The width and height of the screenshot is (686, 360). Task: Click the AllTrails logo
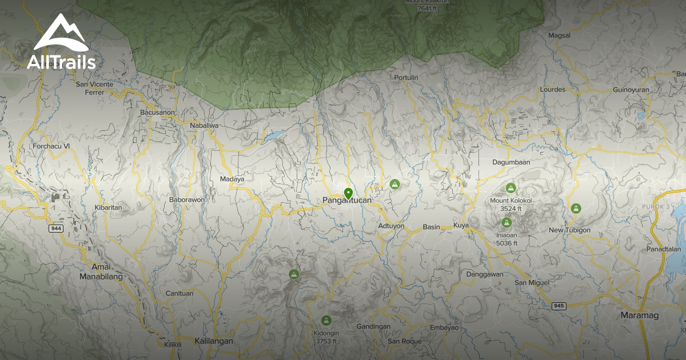pyautogui.click(x=61, y=43)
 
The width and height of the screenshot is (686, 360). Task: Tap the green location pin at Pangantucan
pyautogui.click(x=348, y=193)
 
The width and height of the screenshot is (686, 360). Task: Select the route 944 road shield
pyautogui.click(x=56, y=228)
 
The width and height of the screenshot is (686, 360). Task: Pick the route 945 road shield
pyautogui.click(x=559, y=306)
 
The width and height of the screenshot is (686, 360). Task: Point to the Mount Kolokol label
pyautogui.click(x=510, y=201)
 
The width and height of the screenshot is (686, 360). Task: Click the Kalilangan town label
pyautogui.click(x=214, y=341)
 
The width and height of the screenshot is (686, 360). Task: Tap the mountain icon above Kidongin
pyautogui.click(x=326, y=320)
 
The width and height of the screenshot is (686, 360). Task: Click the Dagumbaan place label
pyautogui.click(x=511, y=162)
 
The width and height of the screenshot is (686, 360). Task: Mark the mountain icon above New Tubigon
pyautogui.click(x=576, y=209)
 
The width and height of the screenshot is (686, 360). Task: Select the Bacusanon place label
pyautogui.click(x=157, y=113)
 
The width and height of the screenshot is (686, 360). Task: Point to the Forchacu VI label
pyautogui.click(x=51, y=146)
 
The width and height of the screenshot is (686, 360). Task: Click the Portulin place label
pyautogui.click(x=406, y=78)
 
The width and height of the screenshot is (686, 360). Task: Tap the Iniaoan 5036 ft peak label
pyautogui.click(x=506, y=239)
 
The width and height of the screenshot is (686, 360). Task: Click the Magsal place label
pyautogui.click(x=559, y=35)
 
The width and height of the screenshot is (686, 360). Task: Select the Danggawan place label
pyautogui.click(x=485, y=274)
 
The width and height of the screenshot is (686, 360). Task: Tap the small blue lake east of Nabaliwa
pyautogui.click(x=273, y=136)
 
